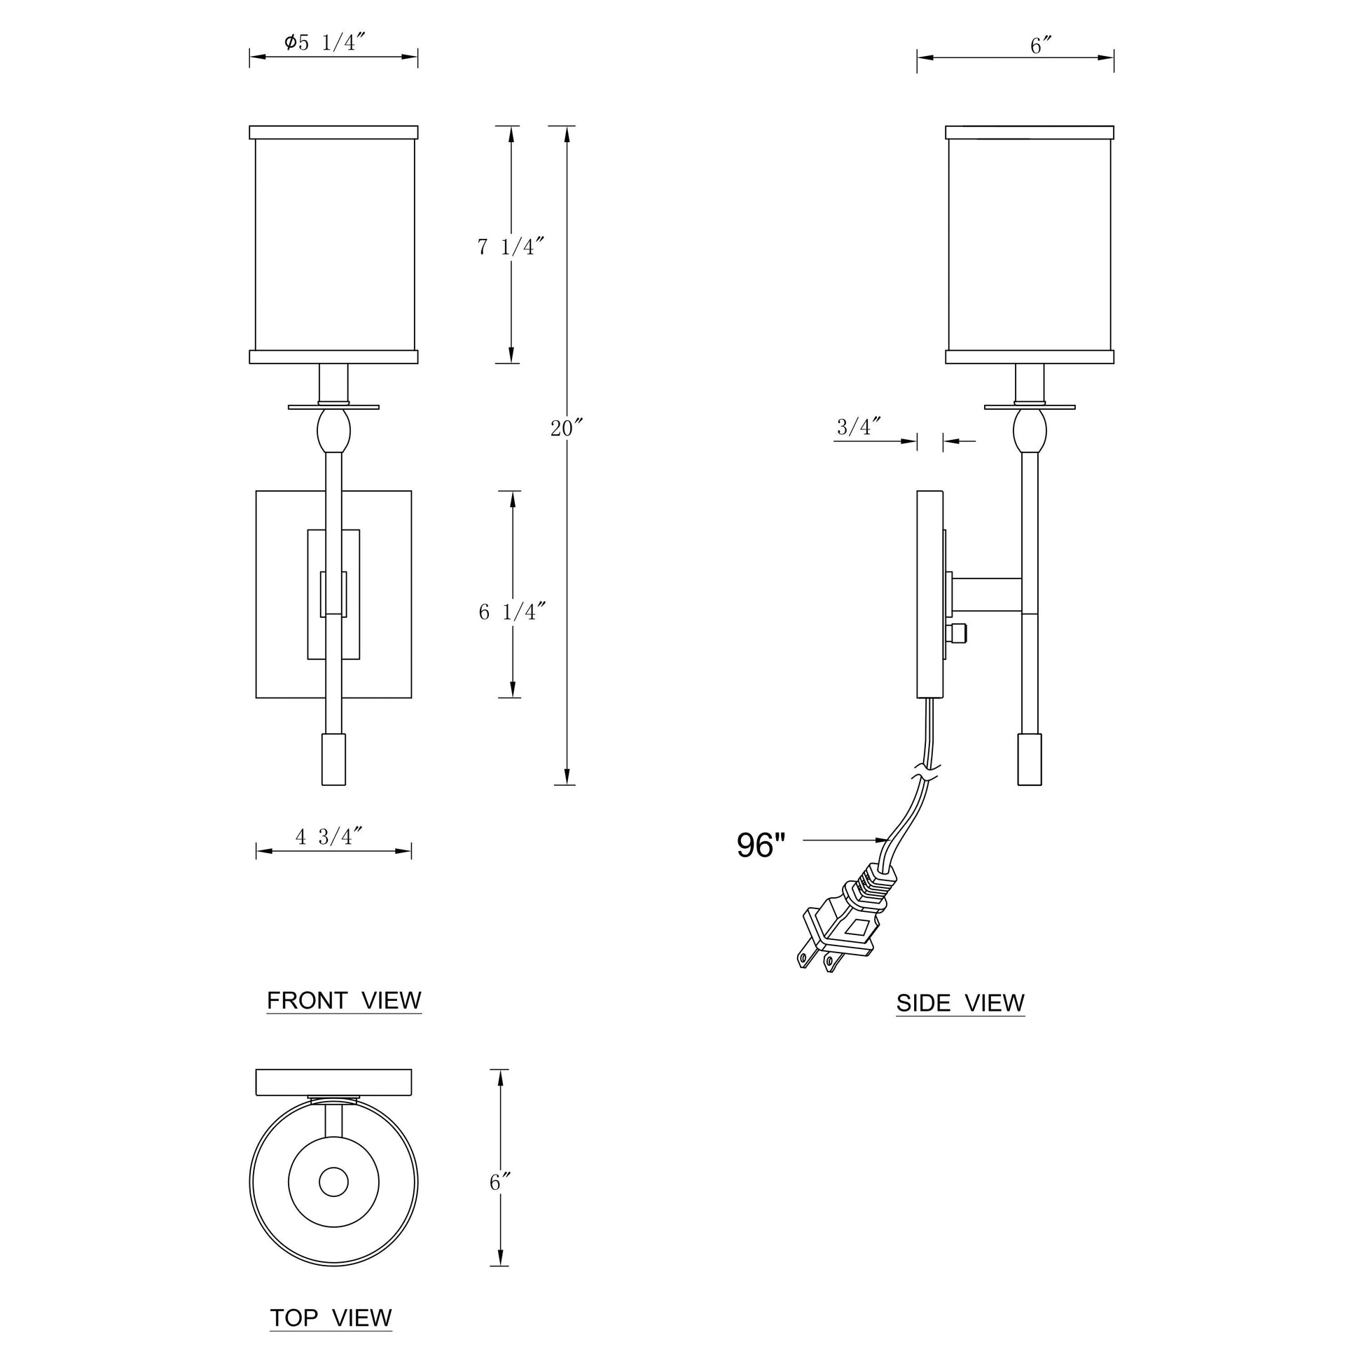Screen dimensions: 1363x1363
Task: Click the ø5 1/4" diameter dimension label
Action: click(325, 42)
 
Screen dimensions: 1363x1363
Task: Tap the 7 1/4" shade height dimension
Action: click(511, 247)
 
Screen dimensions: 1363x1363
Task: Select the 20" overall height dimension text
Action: click(567, 428)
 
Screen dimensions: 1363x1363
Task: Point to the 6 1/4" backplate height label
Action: click(512, 611)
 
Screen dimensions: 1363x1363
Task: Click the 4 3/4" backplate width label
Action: click(328, 837)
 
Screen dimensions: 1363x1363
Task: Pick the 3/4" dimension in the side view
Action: click(859, 426)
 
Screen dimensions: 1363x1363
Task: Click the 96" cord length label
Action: click(761, 845)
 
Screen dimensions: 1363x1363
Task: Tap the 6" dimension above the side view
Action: click(1042, 46)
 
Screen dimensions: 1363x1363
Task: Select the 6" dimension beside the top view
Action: click(500, 1182)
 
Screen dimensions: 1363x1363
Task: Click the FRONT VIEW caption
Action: click(344, 1000)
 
